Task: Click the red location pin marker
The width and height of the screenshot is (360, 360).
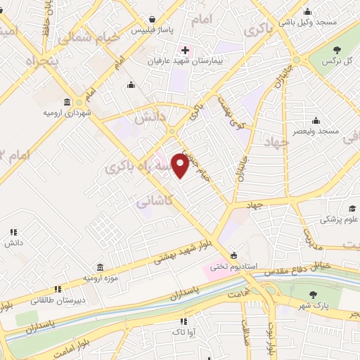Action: coord(180,165)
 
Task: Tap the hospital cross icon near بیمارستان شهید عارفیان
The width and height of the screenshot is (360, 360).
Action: coord(185,50)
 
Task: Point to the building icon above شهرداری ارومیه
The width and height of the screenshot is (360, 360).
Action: coord(67,101)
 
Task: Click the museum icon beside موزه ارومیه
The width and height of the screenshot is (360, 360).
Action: coord(101,267)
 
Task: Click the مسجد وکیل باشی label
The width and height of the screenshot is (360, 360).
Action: coord(308,22)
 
